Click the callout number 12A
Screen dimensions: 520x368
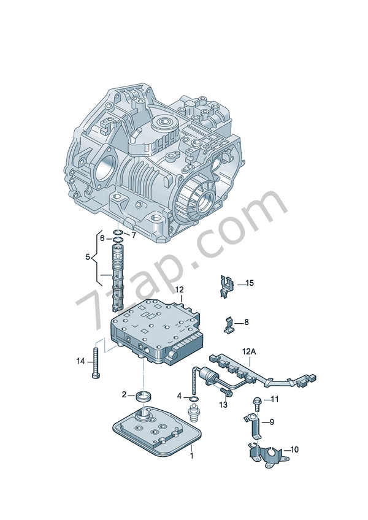249,351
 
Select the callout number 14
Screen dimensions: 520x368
80,361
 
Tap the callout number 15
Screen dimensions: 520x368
249,283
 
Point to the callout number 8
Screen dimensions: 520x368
247,322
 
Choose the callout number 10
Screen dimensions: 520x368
294,449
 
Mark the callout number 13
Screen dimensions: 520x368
224,405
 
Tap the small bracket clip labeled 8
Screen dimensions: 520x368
229,324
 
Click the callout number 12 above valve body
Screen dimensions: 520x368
179,289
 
